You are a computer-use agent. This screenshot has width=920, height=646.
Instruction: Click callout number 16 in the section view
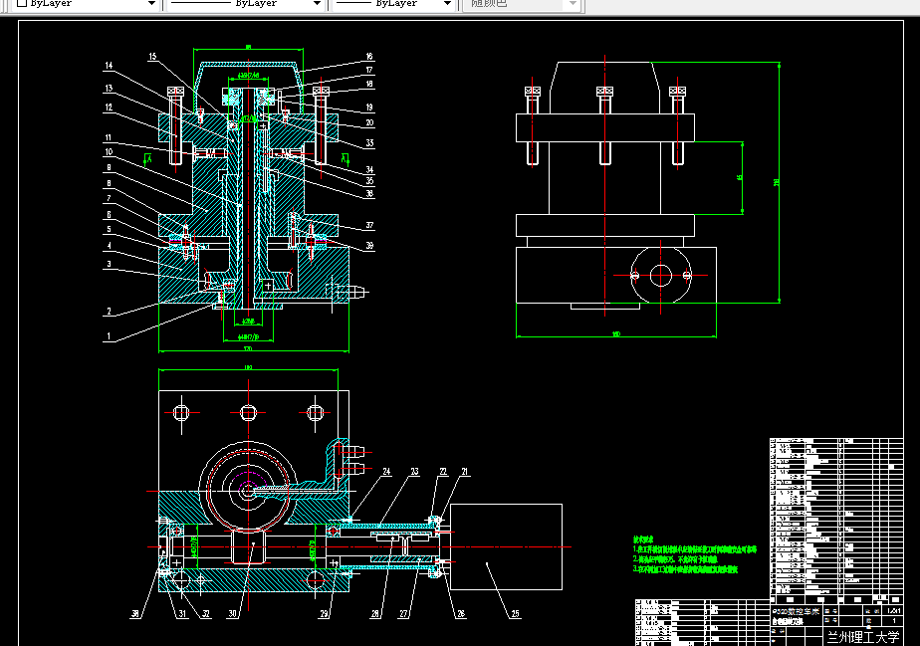coord(368,57)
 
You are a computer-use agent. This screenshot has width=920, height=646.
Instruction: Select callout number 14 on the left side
coord(108,67)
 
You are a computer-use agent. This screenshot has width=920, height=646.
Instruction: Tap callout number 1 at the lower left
coord(108,336)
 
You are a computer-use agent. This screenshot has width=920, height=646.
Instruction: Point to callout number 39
coord(368,246)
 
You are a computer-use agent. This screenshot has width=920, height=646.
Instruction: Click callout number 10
coord(108,151)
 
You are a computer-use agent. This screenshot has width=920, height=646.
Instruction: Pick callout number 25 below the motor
coord(515,614)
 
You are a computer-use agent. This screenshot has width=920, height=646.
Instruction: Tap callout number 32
coord(206,614)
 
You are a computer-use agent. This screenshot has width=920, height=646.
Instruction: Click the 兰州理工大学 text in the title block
coord(862,634)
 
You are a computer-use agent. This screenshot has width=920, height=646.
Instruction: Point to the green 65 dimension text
coord(740,177)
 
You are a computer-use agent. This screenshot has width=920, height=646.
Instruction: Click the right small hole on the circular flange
coord(688,275)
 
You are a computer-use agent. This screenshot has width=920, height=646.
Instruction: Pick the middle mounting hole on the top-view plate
coord(248,411)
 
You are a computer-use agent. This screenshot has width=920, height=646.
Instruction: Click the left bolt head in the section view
coord(176,92)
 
